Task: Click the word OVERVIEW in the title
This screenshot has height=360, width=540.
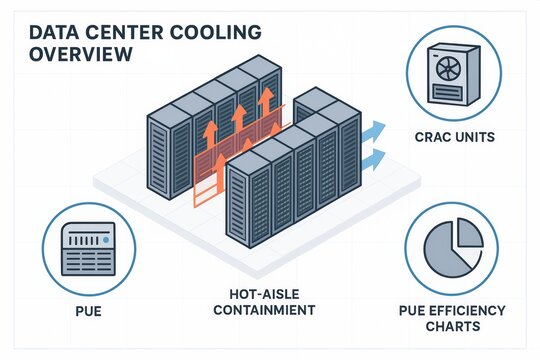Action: point(76,55)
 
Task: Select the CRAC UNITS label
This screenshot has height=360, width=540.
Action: point(454,136)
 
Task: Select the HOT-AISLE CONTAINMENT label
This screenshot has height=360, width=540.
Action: point(272,302)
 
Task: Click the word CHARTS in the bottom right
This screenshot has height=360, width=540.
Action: point(452,327)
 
